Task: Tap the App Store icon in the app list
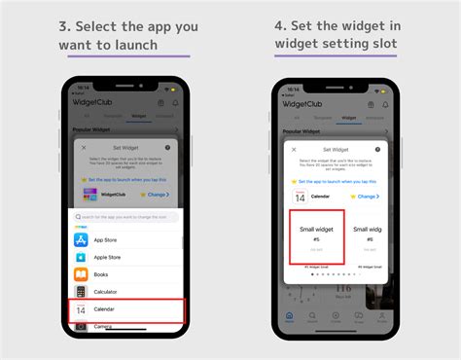tap(82, 238)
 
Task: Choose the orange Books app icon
tap(82, 274)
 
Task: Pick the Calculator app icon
tap(82, 292)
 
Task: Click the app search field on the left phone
tap(126, 217)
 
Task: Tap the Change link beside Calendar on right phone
tap(366, 197)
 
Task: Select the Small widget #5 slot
tap(316, 236)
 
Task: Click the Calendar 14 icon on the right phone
tap(299, 197)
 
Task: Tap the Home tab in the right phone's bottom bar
tap(290, 318)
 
